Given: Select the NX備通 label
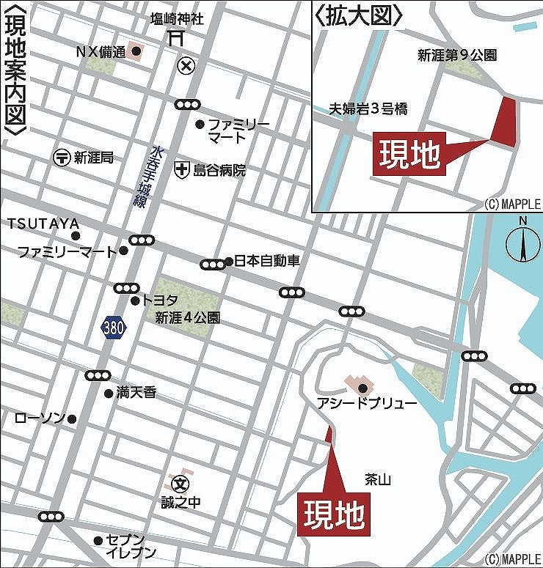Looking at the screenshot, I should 101,52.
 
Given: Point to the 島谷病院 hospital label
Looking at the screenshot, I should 219,170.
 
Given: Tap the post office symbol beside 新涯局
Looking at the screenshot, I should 62,157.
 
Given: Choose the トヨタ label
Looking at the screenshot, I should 160,300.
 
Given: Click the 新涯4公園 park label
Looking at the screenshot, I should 187,318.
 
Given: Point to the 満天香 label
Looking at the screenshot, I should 136,393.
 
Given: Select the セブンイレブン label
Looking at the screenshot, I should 131,546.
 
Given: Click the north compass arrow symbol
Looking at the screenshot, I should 523,243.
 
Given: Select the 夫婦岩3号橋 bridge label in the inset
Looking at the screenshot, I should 368,109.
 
